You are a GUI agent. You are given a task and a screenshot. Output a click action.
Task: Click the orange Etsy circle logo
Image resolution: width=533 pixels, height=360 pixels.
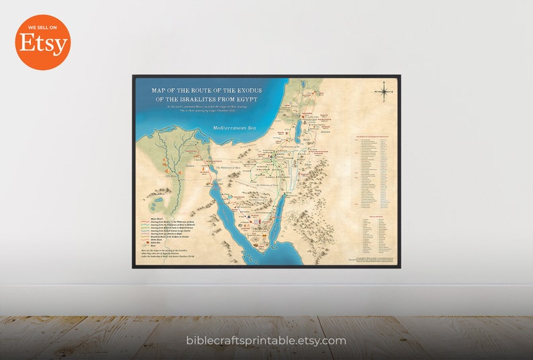pos(42,42)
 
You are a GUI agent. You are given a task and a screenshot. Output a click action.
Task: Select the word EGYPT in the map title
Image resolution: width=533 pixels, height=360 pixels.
pos(242,99)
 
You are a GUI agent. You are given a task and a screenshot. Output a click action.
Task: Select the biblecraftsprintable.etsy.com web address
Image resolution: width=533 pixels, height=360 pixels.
pos(266,341)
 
